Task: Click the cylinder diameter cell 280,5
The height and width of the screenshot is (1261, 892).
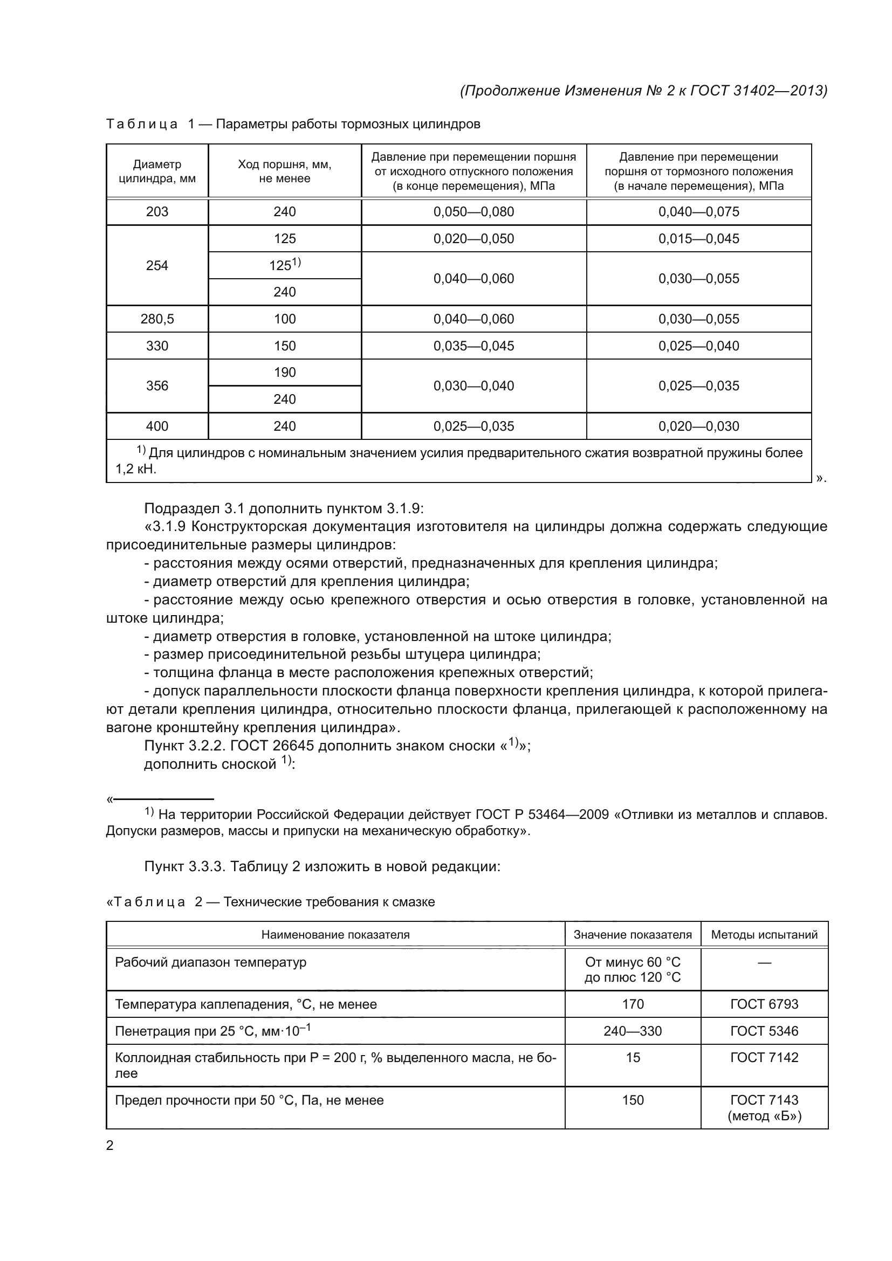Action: click(x=157, y=319)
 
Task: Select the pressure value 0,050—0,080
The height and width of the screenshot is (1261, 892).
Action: click(x=474, y=212)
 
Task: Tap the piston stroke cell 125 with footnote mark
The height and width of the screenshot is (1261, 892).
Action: click(x=285, y=265)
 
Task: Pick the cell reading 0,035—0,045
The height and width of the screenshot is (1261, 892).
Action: click(x=474, y=346)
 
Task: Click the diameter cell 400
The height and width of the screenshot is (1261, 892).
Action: click(x=157, y=426)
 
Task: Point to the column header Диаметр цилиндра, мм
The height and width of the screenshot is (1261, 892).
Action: click(x=157, y=171)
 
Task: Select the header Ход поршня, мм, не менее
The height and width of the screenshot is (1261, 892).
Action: click(x=285, y=171)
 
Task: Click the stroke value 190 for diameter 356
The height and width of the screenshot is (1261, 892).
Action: click(x=285, y=373)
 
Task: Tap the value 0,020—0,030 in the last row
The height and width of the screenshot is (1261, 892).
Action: click(x=698, y=426)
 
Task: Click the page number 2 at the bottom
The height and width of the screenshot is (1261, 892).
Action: click(x=110, y=1145)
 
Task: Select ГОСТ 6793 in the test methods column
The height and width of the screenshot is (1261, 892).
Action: click(x=764, y=1004)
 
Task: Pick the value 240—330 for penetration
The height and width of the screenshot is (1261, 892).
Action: click(x=633, y=1031)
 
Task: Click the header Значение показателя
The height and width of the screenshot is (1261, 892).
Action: click(x=633, y=935)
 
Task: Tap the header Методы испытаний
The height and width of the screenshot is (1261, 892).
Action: click(x=764, y=935)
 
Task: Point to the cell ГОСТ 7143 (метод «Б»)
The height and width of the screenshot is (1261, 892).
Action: click(x=764, y=1108)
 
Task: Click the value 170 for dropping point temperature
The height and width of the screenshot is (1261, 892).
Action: click(x=633, y=1004)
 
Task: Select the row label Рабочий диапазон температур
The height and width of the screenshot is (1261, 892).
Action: click(x=210, y=962)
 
